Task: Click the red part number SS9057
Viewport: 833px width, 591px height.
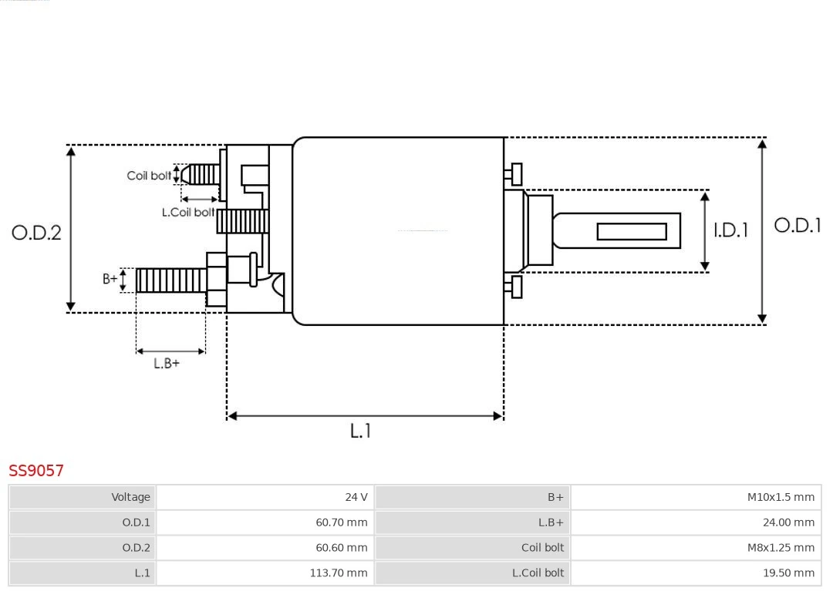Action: tap(36, 471)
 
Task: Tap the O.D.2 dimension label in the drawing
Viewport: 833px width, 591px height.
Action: tap(36, 232)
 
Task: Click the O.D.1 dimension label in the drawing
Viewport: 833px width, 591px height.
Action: tap(798, 226)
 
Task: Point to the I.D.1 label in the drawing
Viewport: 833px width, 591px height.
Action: tap(730, 230)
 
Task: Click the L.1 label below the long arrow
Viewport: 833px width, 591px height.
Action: tap(360, 431)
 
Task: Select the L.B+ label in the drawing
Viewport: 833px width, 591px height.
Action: tap(166, 364)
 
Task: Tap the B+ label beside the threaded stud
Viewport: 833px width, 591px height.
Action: tap(110, 279)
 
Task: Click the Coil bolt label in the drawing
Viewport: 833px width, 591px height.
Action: tap(149, 176)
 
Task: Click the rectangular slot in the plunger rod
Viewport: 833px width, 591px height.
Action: tap(632, 231)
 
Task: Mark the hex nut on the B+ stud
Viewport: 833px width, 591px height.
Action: tap(217, 280)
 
